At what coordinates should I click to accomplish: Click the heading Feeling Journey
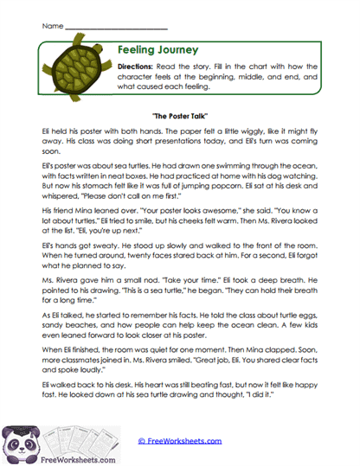[158, 50]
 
